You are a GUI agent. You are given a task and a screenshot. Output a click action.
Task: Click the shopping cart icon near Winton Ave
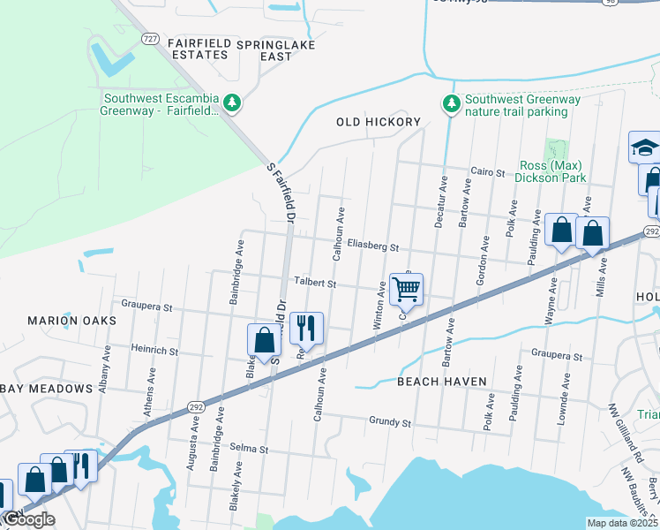click(x=406, y=288)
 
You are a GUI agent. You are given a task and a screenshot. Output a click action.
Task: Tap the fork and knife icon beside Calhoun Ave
click(x=306, y=328)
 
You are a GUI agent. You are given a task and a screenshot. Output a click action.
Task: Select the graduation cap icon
click(x=645, y=148)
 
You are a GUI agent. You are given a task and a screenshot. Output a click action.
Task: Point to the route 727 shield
click(x=151, y=39)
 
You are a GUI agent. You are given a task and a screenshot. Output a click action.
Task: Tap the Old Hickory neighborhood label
click(x=379, y=122)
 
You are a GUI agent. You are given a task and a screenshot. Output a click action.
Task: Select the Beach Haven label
click(x=442, y=382)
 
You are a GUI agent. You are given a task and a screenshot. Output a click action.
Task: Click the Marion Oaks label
click(x=60, y=321)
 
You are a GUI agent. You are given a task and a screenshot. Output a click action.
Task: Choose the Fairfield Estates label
click(x=186, y=49)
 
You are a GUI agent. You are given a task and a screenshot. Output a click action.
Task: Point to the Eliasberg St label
click(x=373, y=247)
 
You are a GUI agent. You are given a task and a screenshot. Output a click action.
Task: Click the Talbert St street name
click(x=316, y=284)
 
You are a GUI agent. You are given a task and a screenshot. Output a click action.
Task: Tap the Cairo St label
click(x=487, y=172)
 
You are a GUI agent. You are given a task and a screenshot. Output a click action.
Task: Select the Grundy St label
click(x=391, y=423)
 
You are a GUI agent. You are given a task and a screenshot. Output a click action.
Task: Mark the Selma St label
click(x=250, y=449)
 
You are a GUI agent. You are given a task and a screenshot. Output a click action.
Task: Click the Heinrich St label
click(x=154, y=351)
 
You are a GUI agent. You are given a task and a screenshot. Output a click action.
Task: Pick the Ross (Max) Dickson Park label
click(x=552, y=171)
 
